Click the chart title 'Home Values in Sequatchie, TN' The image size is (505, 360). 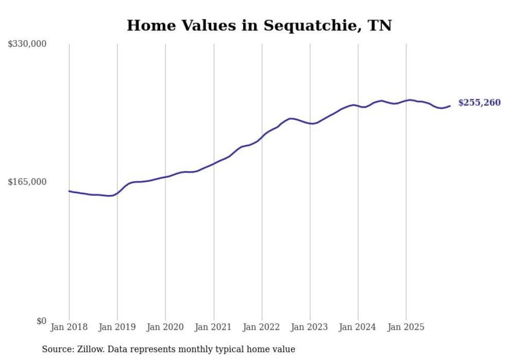[259, 26]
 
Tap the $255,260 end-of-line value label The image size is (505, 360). [479, 102]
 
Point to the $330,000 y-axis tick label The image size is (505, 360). [27, 44]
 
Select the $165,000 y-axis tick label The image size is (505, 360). [27, 182]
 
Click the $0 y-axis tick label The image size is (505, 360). [41, 321]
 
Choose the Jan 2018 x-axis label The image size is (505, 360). [69, 327]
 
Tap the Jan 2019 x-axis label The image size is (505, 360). [117, 327]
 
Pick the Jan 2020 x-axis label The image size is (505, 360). [165, 327]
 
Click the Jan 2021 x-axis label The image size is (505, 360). [213, 327]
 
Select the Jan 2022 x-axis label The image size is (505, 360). [262, 327]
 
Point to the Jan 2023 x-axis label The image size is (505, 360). [310, 327]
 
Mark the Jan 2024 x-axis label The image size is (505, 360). [358, 327]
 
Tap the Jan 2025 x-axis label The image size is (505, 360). [406, 327]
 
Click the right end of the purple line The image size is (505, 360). [450, 106]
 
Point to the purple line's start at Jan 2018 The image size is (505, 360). [69, 191]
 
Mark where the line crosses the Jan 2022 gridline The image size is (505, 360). [262, 137]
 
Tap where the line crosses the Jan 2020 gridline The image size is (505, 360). [165, 177]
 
